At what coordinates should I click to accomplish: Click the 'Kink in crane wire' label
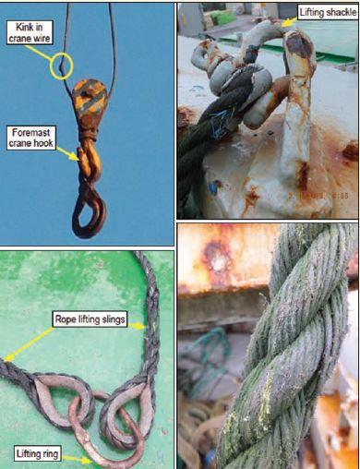tap(30, 32)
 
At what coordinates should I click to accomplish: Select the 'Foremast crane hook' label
tap(31, 138)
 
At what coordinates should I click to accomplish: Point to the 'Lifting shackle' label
tap(329, 12)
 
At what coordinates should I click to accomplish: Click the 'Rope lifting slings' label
tap(90, 319)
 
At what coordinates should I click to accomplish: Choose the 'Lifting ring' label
tap(37, 453)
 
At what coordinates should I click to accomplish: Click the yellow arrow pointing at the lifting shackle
tap(289, 22)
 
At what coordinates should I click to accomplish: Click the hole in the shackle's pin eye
tap(204, 54)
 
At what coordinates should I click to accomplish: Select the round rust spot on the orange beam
tap(217, 258)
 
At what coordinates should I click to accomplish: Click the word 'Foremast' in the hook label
tap(31, 133)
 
